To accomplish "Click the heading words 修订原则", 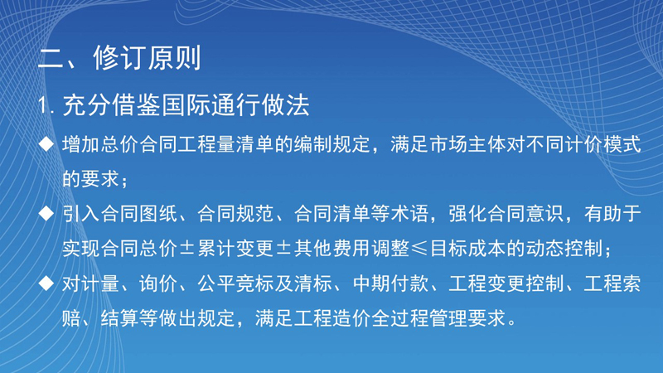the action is (148, 58).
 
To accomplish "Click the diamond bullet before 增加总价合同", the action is (46, 143).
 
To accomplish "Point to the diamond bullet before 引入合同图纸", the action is (46, 213).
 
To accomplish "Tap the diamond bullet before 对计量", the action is (46, 283).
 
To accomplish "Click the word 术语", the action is (409, 214).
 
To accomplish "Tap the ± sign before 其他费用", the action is (283, 248).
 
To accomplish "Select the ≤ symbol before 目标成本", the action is (419, 248).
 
